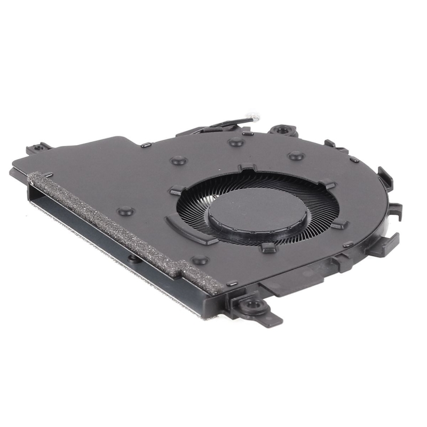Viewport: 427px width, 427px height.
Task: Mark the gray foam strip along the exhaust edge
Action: (123, 224)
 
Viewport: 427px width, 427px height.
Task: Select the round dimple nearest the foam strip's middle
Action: (125, 211)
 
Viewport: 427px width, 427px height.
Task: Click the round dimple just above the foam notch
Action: (200, 260)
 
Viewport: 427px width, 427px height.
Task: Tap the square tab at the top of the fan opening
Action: (246, 168)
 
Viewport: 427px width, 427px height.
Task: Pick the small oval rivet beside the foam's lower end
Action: (232, 283)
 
